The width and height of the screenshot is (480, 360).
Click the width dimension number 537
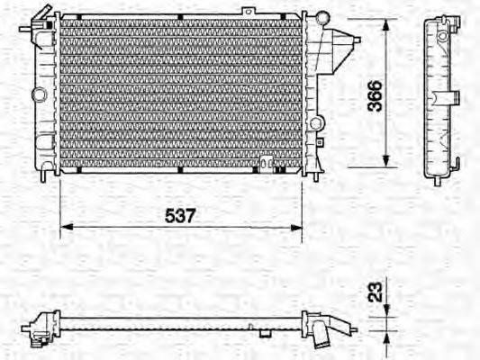click(180, 216)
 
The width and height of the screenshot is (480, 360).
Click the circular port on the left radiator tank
click(38, 94)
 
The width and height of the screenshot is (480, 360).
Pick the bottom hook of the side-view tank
click(460, 165)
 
